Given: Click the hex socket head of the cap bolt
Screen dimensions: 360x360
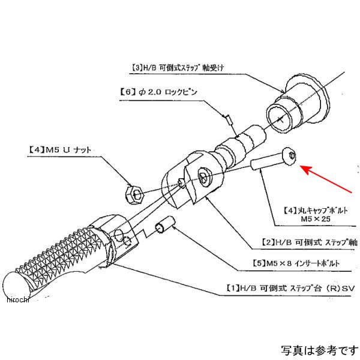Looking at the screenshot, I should click(x=291, y=157).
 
